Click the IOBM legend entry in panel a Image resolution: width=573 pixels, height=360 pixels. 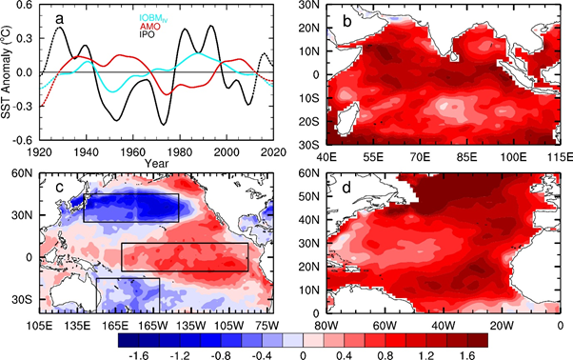coord(153,18)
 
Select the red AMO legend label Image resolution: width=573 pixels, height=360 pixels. coord(149,27)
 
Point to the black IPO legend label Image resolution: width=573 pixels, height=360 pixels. coord(147,34)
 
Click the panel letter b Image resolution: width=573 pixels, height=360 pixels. coord(346,21)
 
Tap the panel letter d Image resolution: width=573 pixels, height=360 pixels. coord(346,187)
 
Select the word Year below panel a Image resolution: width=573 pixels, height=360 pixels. coord(156,163)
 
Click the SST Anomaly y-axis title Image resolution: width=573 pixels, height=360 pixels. coord(8,71)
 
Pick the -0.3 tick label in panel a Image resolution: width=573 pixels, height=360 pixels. coord(27,107)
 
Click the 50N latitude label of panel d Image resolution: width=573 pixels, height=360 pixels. coord(309,196)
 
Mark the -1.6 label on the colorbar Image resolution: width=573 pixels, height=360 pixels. coord(139,355)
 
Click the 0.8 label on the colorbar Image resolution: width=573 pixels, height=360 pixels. coord(384,355)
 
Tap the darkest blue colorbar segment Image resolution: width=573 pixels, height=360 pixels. coord(128,340)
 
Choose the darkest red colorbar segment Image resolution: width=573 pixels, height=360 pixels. coord(478,340)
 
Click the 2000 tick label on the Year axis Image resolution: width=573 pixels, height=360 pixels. coord(227,151)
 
